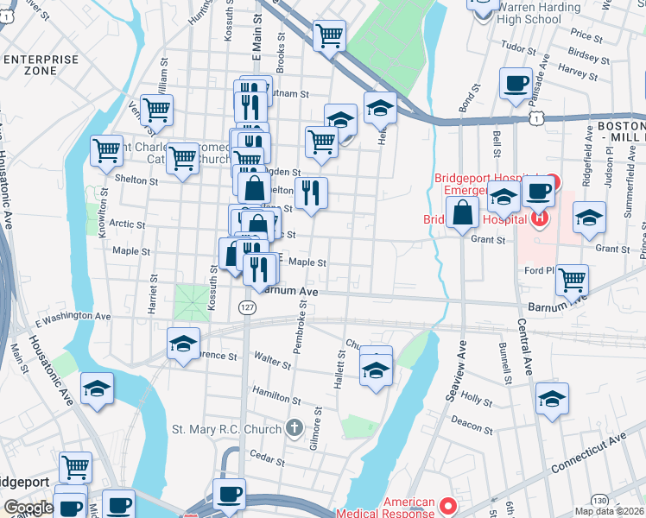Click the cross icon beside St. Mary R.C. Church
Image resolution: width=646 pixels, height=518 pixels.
coord(294,428)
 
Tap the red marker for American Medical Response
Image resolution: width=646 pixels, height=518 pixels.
coord(446,505)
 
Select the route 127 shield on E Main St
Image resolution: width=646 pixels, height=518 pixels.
coord(248,306)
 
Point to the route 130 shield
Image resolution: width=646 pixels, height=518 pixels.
coord(598,501)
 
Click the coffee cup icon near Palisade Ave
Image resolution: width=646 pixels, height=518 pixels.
coord(516,85)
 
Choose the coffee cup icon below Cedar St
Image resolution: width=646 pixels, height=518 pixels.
coord(229,495)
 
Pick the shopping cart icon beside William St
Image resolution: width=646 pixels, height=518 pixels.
coord(156,110)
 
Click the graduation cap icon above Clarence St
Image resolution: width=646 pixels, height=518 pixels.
coord(183,344)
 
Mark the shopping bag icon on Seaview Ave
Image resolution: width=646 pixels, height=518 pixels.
coord(463,212)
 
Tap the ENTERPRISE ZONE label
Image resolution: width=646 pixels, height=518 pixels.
coord(41,66)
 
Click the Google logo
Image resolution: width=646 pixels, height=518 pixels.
coord(28,508)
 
